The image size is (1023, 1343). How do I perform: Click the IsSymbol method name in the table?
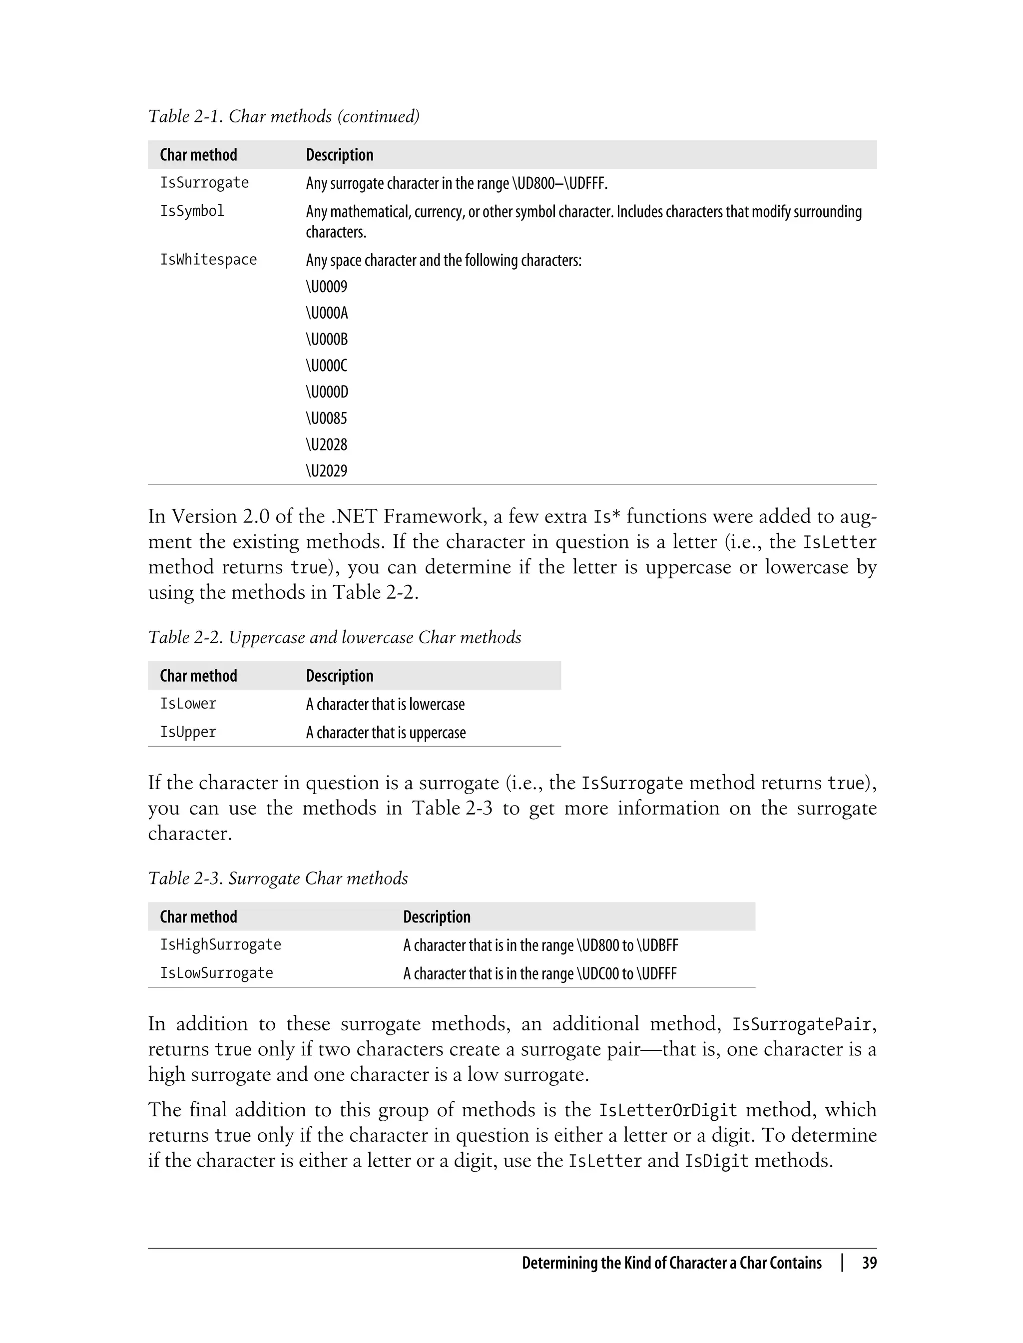(x=192, y=211)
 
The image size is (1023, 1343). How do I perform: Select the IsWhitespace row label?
(x=208, y=260)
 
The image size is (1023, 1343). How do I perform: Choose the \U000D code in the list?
(x=327, y=392)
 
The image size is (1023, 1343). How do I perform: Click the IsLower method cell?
(x=188, y=704)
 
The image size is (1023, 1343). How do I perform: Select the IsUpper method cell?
(x=188, y=732)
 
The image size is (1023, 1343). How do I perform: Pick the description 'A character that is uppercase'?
(x=386, y=732)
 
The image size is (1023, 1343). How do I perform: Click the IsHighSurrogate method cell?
(x=220, y=945)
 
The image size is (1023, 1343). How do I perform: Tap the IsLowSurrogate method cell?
(x=216, y=973)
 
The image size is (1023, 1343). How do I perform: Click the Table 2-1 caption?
(x=284, y=116)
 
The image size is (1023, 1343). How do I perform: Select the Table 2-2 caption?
(x=334, y=637)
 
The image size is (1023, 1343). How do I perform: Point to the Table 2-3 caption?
(x=278, y=879)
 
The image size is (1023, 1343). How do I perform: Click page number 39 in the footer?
(x=869, y=1263)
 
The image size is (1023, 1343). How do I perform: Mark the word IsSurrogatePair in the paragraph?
(x=801, y=1024)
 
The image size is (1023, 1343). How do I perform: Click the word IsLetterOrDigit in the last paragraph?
(x=668, y=1110)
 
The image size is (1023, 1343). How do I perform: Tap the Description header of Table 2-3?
(x=437, y=917)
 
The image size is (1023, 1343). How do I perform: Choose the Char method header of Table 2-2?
(x=198, y=676)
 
